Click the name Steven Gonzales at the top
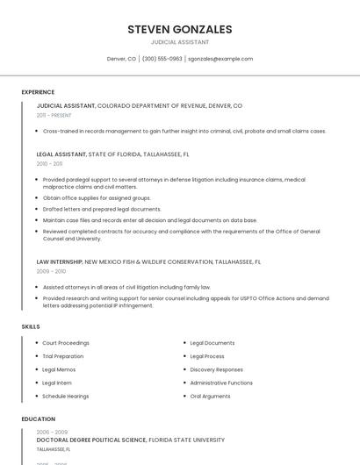coord(179,29)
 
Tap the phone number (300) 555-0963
coord(162,59)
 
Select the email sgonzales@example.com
coord(220,59)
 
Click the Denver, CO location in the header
coord(121,59)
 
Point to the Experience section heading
coord(38,92)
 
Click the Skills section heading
coord(31,326)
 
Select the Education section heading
coord(39,419)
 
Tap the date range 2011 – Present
coord(54,115)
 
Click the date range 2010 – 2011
coord(49,163)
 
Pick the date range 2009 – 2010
coord(51,271)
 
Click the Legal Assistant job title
coord(61,154)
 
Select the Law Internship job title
coord(60,261)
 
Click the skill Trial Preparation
coord(63,356)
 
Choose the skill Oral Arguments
coord(211,396)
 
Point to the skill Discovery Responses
coord(217,369)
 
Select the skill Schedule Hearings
coord(65,396)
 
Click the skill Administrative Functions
coord(221,383)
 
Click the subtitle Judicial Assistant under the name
coord(179,42)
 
